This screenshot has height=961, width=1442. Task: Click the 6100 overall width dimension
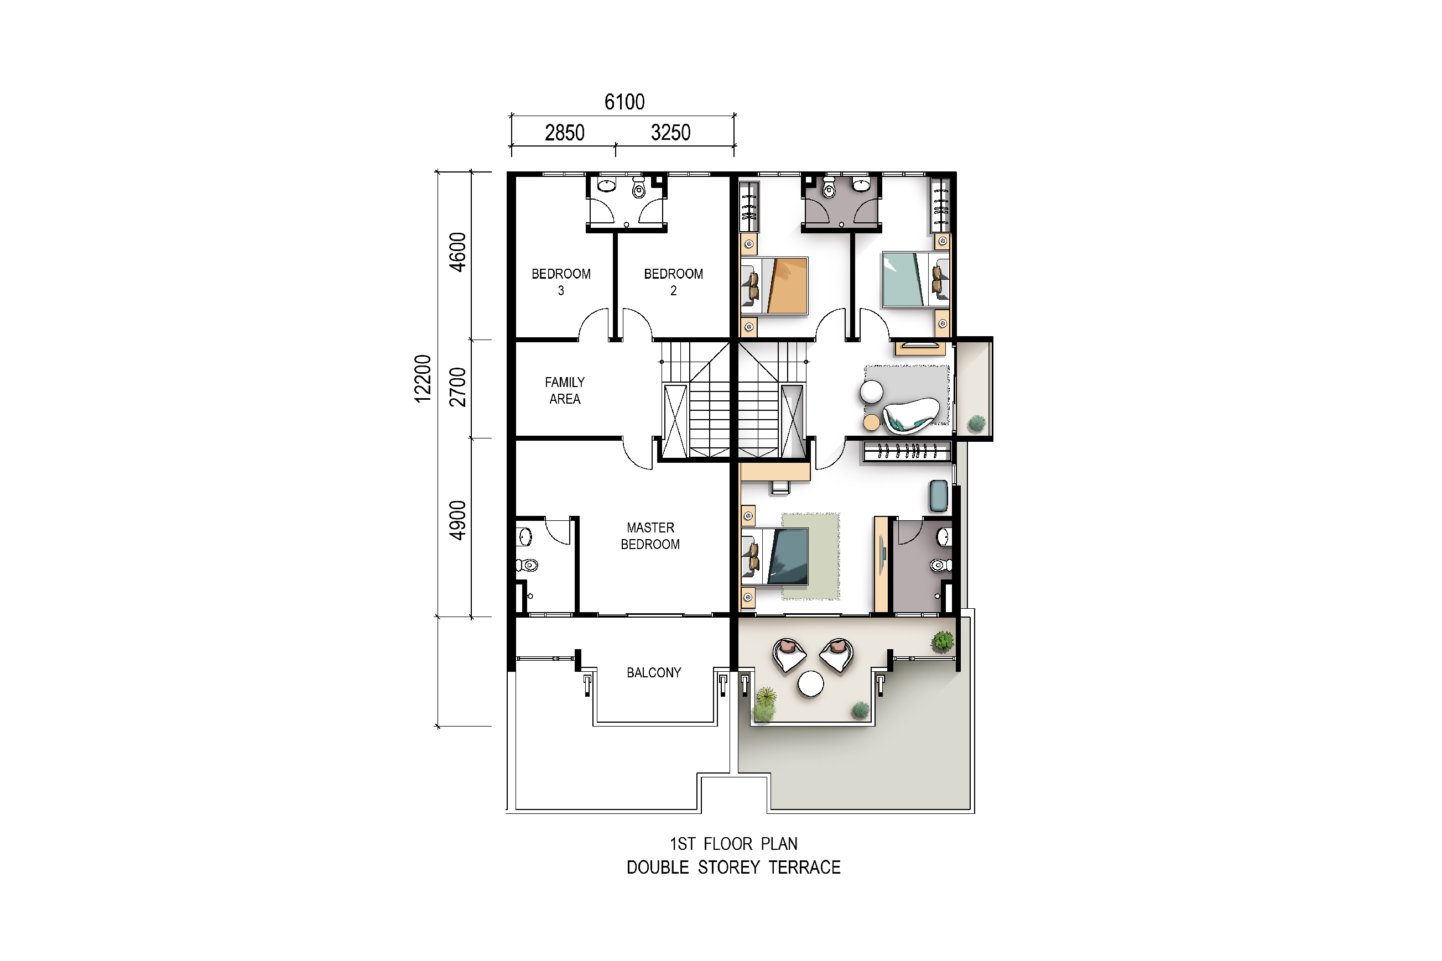[x=624, y=102]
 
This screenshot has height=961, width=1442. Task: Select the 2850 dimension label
[x=565, y=132]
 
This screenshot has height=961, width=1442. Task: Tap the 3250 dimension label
[x=671, y=132]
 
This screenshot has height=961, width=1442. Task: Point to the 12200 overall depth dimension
[x=423, y=379]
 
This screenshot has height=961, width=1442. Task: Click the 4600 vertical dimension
[x=458, y=252]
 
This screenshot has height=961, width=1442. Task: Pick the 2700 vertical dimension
[x=458, y=388]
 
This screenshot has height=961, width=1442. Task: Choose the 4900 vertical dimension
[x=458, y=520]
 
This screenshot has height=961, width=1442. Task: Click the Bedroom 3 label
[x=561, y=282]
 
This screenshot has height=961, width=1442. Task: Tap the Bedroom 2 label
[x=673, y=282]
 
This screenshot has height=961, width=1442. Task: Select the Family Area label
[x=565, y=390]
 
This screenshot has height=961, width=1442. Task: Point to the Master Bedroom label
[x=650, y=536]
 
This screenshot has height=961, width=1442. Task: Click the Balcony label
[x=654, y=672]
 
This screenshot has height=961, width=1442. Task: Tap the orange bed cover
[x=786, y=286]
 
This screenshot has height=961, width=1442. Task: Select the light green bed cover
[x=903, y=279]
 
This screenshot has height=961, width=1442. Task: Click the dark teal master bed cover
[x=789, y=556]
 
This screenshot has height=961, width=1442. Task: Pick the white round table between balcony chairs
[x=810, y=684]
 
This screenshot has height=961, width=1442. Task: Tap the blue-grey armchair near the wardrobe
[x=939, y=496]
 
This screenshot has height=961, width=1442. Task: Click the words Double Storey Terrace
[x=733, y=867]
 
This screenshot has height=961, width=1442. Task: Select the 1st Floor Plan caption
[x=733, y=844]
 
